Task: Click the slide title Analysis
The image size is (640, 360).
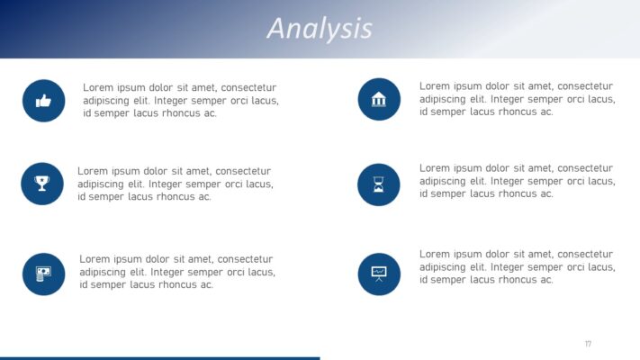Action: (x=320, y=28)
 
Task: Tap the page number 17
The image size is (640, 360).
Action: (x=588, y=344)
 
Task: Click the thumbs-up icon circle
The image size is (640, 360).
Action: (x=43, y=101)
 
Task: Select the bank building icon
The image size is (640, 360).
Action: (x=378, y=99)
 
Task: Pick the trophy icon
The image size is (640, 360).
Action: (x=42, y=184)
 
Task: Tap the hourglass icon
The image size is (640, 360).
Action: (x=378, y=184)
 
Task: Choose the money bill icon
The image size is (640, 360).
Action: (x=43, y=274)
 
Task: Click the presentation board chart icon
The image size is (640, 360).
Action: (x=378, y=274)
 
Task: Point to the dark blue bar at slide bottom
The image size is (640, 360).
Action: (x=159, y=357)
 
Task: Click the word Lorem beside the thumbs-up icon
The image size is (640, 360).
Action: (x=99, y=88)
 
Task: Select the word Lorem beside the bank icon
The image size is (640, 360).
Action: (x=436, y=86)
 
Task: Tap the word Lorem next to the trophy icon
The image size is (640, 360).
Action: (x=94, y=171)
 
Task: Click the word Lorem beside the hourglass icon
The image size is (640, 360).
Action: (x=436, y=168)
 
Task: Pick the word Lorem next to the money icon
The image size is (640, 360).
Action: (x=95, y=259)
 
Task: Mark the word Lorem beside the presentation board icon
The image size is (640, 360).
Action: (x=436, y=255)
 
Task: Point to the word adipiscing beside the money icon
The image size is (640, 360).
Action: (x=106, y=272)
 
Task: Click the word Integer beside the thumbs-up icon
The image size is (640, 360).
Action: (x=174, y=101)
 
